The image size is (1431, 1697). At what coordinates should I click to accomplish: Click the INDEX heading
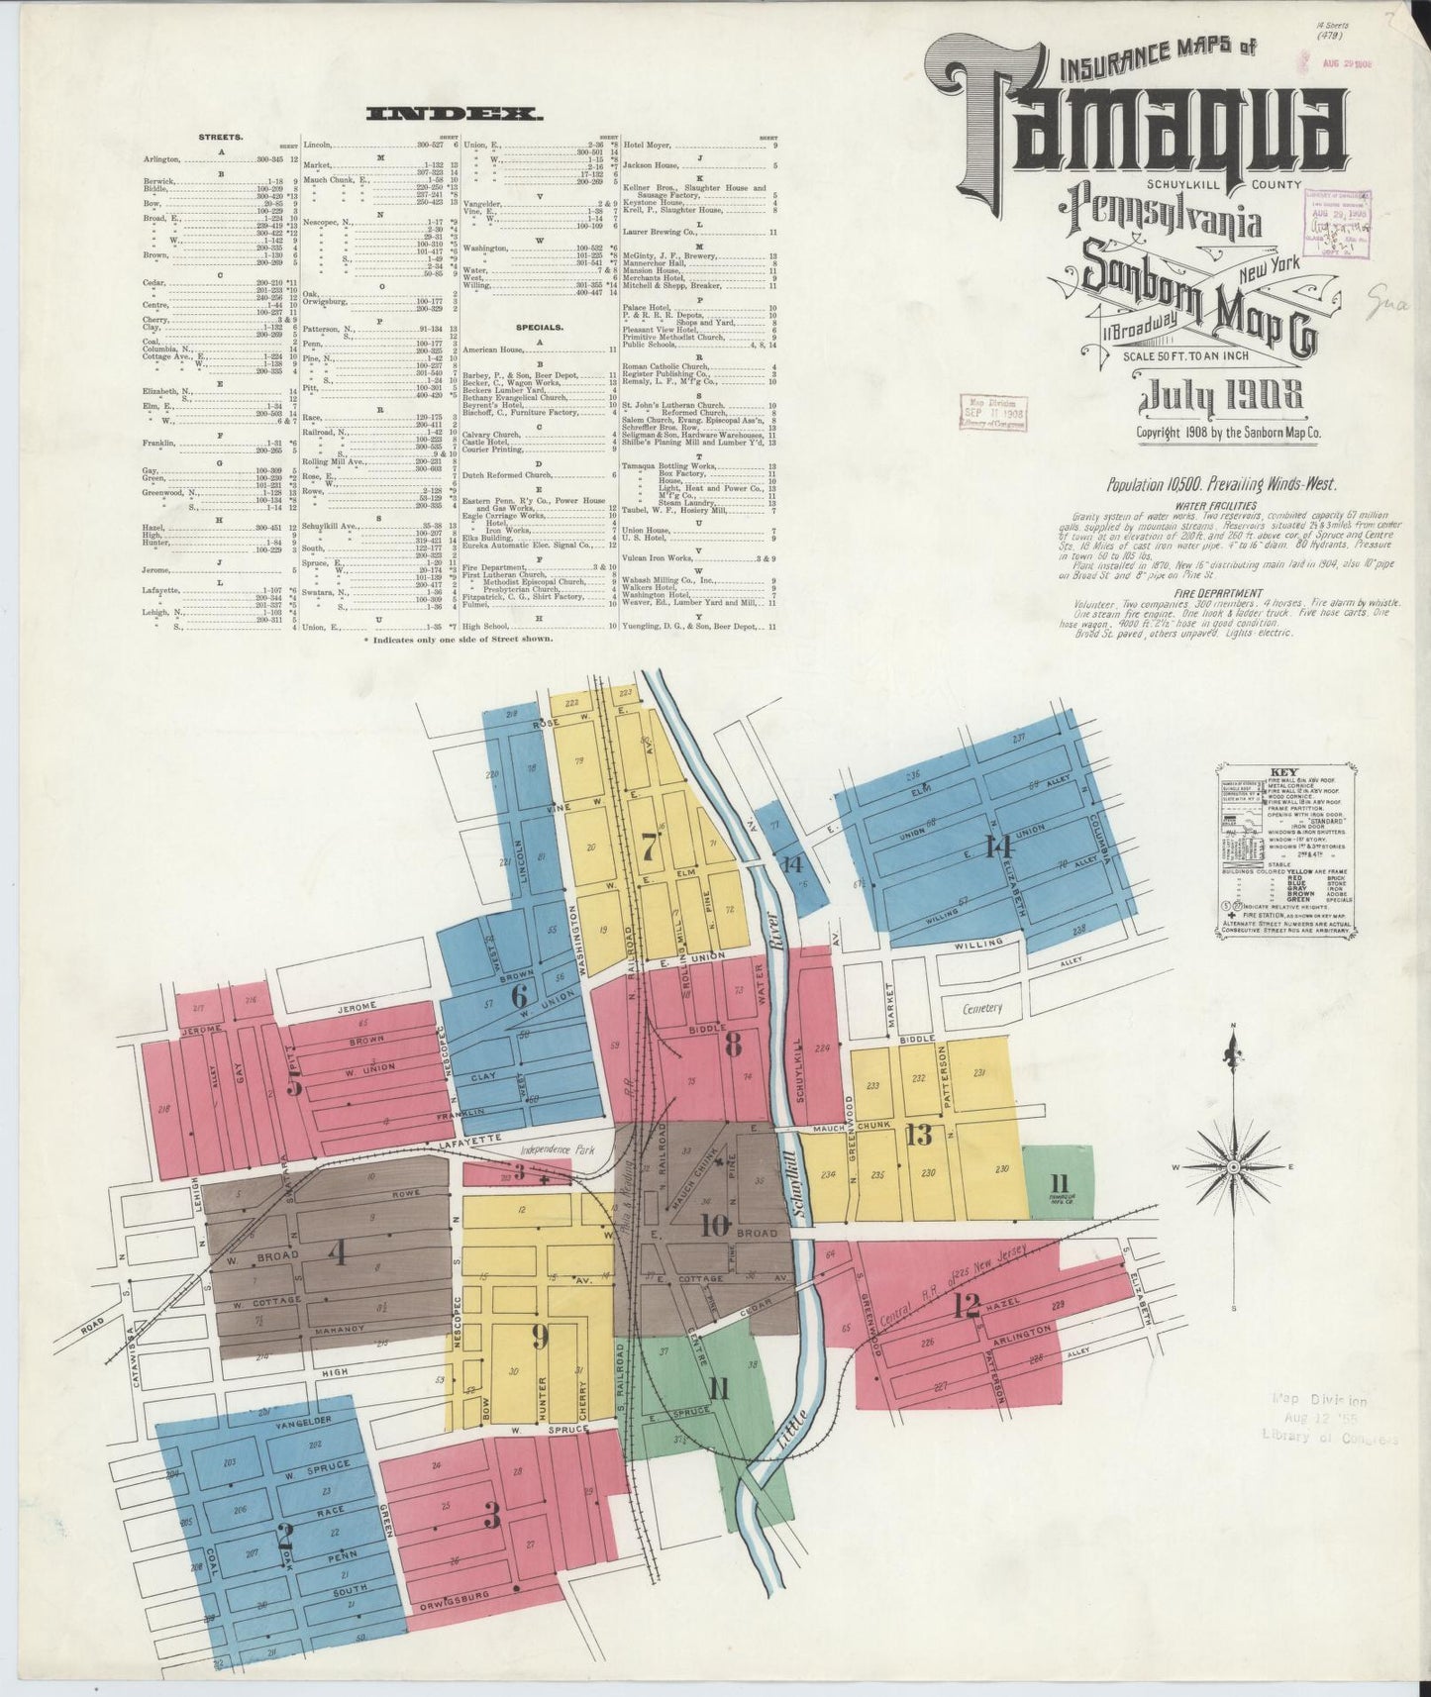coord(455,115)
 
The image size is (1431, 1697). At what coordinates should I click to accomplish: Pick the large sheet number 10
coord(715,1226)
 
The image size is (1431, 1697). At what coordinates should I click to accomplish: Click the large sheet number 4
coord(337,1255)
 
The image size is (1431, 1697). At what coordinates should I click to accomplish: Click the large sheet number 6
coord(518,996)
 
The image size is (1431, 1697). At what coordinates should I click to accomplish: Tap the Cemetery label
coord(982,1009)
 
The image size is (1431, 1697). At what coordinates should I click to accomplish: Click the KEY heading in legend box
coord(1277,773)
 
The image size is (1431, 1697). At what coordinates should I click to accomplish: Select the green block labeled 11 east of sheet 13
coord(1060,1182)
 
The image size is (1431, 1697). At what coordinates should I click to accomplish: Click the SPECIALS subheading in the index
coord(539,326)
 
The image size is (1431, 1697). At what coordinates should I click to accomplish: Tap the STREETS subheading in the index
coord(222,137)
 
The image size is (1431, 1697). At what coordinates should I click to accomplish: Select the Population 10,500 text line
coord(1222,485)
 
